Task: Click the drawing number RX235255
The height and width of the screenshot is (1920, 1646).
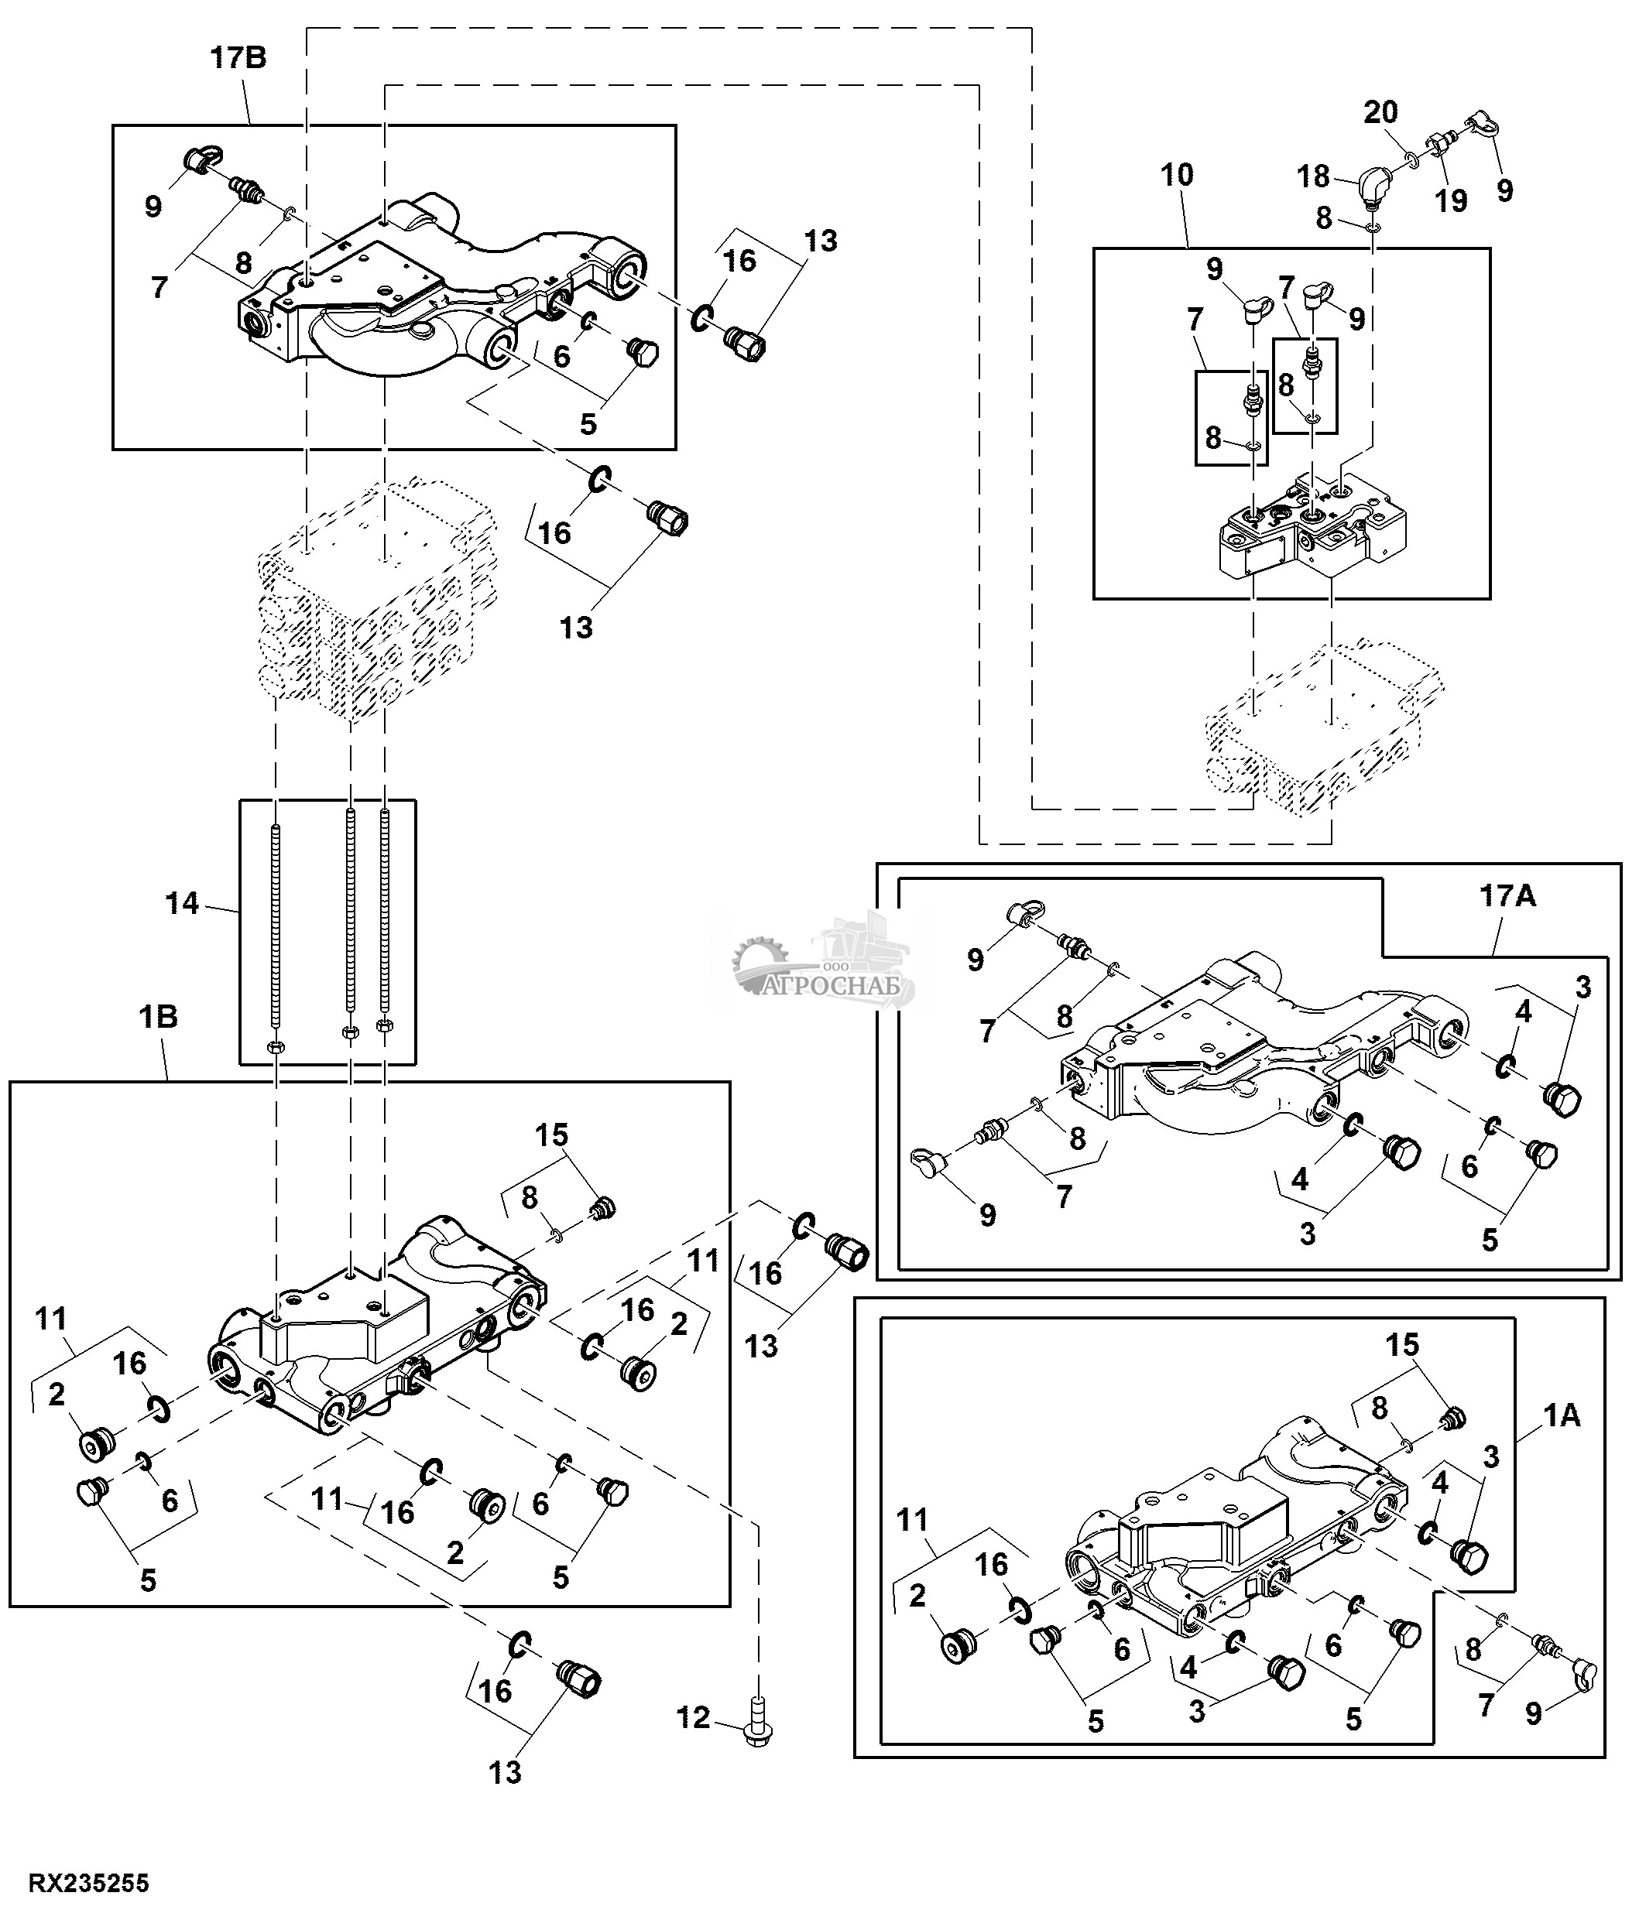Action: [x=89, y=1883]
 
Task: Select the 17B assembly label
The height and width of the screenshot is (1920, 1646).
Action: [x=238, y=58]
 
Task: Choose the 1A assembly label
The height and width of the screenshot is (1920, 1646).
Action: [x=1562, y=1416]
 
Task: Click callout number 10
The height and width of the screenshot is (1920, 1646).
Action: [x=1176, y=174]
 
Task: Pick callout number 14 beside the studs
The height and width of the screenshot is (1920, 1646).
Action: [x=182, y=902]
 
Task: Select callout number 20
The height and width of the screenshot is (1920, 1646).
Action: [x=1380, y=113]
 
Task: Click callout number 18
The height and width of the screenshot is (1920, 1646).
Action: [x=1313, y=176]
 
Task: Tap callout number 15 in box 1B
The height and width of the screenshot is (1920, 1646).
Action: [x=552, y=1135]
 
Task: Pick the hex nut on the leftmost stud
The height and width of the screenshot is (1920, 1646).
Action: [x=276, y=1047]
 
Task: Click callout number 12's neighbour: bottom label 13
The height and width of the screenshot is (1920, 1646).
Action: [x=505, y=1773]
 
